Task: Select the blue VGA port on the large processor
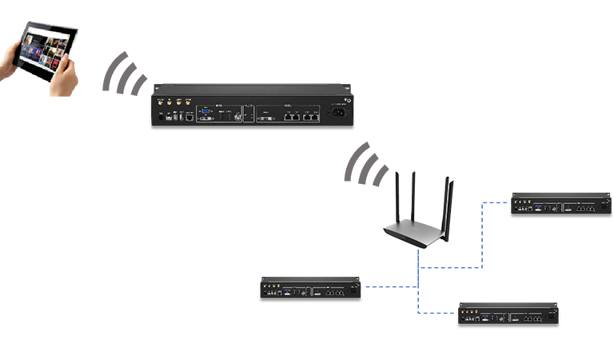tap(207, 106)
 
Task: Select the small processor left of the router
tap(309, 288)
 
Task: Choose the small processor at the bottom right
tap(508, 314)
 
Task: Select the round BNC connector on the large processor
tap(237, 117)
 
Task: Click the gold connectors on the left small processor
tap(269, 286)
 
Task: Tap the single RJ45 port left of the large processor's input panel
tap(187, 117)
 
